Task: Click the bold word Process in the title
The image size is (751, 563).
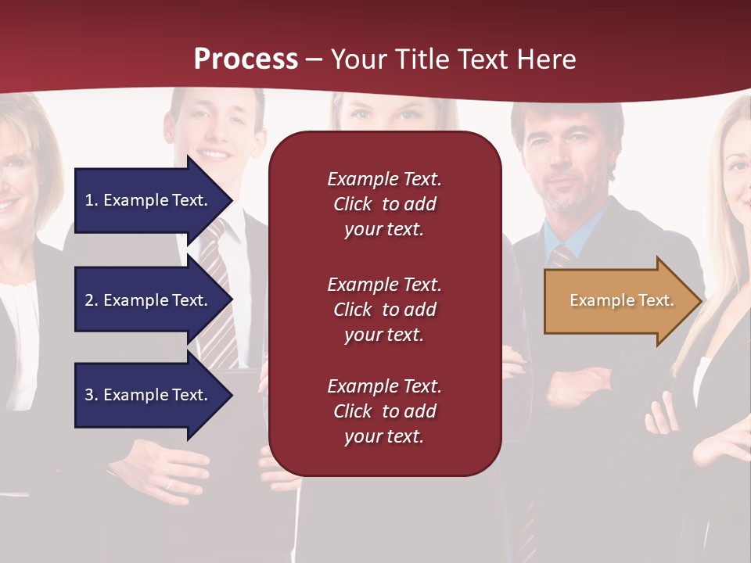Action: point(246,59)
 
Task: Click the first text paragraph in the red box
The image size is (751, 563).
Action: point(384,204)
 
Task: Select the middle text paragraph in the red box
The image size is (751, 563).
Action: point(384,310)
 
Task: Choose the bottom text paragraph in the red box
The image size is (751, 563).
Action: point(384,411)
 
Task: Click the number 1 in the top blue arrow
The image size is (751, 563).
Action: point(89,200)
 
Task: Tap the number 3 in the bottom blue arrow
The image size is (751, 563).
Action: point(89,395)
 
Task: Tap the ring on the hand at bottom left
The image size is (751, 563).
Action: point(168,484)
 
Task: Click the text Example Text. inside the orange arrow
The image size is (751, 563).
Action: point(621,300)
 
